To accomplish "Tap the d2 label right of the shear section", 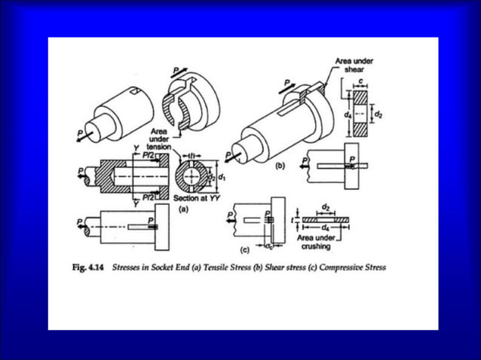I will pos(378,114).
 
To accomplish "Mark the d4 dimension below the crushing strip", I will pos(325,226).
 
